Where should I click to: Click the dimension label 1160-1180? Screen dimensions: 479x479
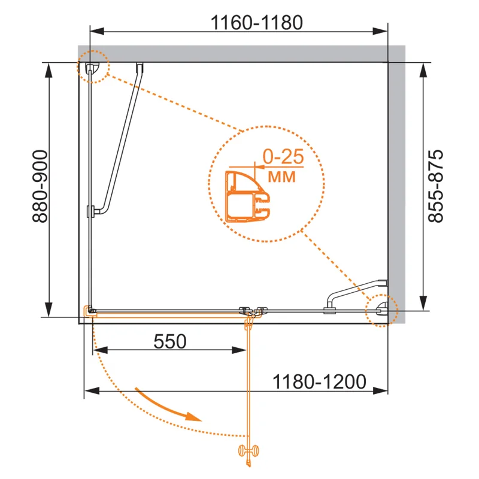pos(257,22)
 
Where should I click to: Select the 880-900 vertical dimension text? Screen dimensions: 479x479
pos(40,186)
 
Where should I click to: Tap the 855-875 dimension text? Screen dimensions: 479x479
pos(435,186)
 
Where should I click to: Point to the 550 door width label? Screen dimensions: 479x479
pos(170,341)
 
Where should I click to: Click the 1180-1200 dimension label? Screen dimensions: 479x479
pos(319,381)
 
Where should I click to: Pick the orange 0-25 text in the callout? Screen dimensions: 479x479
pos(283,157)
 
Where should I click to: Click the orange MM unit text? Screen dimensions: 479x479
pos(281,177)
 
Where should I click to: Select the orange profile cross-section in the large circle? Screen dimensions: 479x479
pos(247,196)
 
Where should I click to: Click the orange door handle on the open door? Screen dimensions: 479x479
pos(248,451)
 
